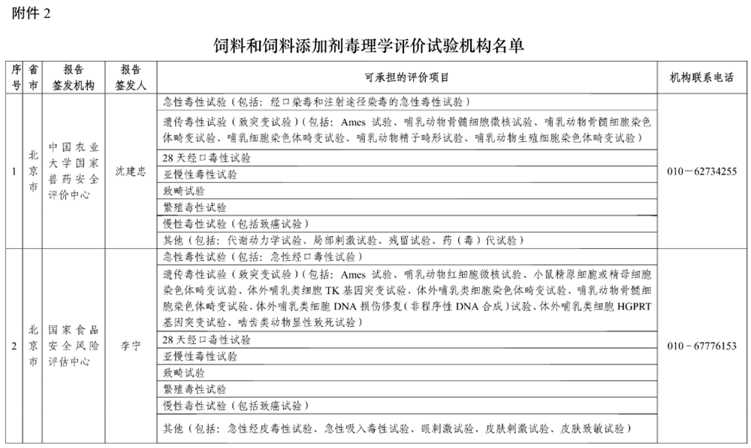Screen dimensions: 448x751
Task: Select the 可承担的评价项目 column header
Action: point(406,77)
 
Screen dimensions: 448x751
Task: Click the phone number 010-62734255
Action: point(701,171)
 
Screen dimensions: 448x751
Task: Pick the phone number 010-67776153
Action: point(701,347)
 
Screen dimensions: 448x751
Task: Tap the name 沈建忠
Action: point(131,171)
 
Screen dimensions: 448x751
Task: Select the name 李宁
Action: point(131,347)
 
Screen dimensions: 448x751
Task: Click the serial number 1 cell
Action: point(14,171)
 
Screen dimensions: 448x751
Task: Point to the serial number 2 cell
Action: point(14,347)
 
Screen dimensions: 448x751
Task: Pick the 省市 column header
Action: point(32,77)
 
